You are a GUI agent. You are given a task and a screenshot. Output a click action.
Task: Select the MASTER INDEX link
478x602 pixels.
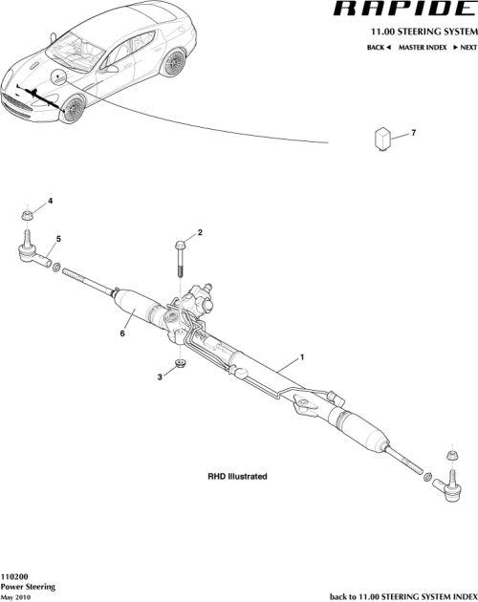[423, 47]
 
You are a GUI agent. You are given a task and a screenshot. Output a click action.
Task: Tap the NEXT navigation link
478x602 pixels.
[465, 47]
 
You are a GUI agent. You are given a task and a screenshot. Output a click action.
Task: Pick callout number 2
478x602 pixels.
[201, 233]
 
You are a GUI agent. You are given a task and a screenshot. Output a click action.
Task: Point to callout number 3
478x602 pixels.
[160, 377]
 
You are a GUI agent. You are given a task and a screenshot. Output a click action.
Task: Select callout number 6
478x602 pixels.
[122, 334]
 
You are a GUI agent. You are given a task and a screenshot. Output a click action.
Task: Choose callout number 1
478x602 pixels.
[302, 356]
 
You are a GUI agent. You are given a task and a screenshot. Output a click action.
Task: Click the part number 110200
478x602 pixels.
[14, 577]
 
